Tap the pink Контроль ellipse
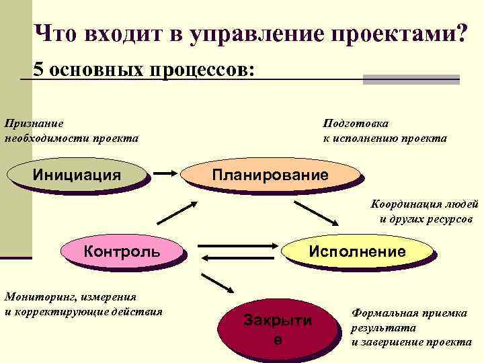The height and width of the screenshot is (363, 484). pyautogui.click(x=122, y=251)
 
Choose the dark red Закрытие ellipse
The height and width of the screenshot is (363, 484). pyautogui.click(x=278, y=329)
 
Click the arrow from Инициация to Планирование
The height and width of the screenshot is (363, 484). pyautogui.click(x=165, y=174)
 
